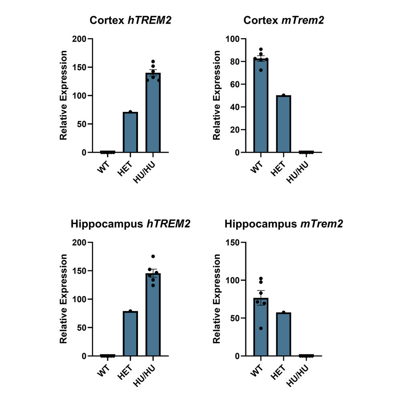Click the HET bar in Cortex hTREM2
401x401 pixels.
click(x=130, y=132)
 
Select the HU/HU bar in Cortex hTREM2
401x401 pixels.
click(x=153, y=113)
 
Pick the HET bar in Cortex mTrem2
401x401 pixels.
click(x=284, y=124)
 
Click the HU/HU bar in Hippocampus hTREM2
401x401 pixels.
click(x=153, y=315)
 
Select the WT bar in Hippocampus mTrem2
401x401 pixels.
click(x=261, y=327)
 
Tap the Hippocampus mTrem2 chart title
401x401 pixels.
click(x=284, y=224)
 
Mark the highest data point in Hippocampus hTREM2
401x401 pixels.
click(x=153, y=257)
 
